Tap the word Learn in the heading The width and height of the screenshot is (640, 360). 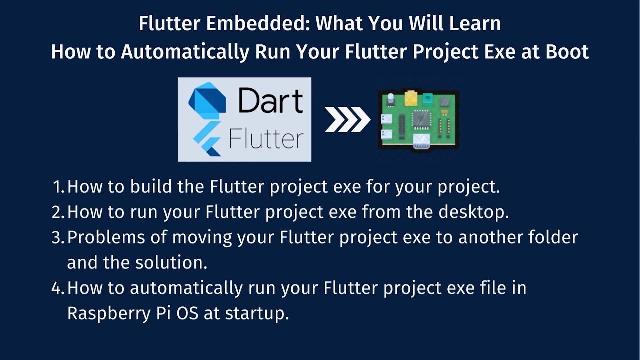pos(472,23)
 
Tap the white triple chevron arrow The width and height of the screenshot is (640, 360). pos(347,120)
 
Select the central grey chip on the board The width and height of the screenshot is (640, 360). pos(419,119)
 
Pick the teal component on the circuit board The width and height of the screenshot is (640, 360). pos(428,98)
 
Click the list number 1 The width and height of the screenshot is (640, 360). pos(58,187)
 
